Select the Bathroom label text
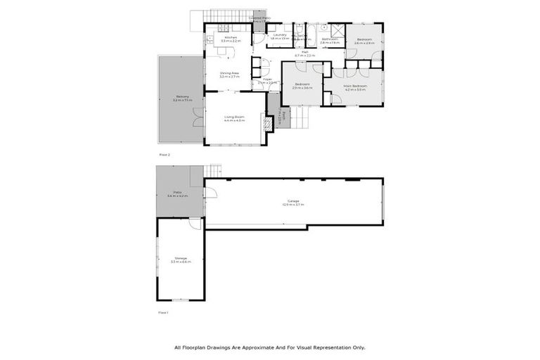[x=330, y=39]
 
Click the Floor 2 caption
[x=164, y=154]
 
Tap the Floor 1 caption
[x=163, y=311]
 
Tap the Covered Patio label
[x=259, y=20]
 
